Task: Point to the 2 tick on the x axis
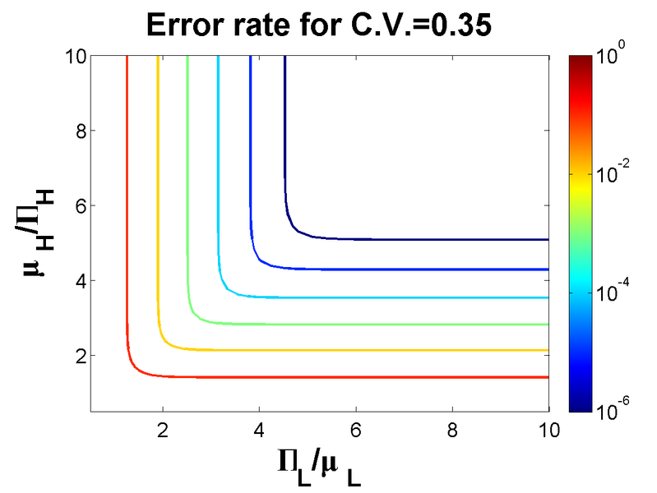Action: click(163, 430)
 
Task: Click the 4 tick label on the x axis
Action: click(259, 430)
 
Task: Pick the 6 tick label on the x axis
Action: click(355, 430)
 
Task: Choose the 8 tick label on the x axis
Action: click(451, 430)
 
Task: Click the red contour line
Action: click(329, 377)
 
